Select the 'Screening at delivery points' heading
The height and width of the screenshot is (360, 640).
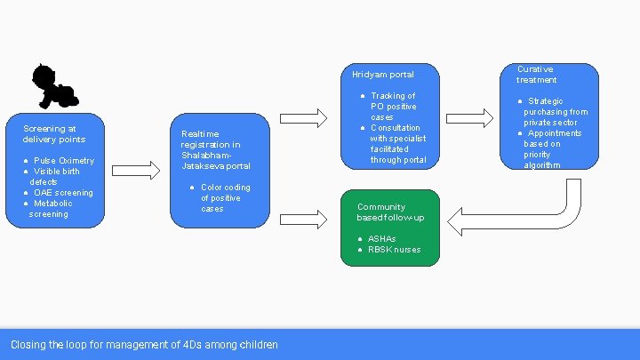54,134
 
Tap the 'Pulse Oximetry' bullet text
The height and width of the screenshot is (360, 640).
63,161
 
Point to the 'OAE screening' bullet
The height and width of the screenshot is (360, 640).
62,193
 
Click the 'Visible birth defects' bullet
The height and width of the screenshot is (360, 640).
55,176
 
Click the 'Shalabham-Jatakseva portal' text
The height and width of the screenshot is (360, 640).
216,160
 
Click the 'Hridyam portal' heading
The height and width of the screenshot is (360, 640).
382,75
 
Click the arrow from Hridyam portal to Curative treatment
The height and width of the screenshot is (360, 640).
469,117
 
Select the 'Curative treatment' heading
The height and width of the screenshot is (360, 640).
537,75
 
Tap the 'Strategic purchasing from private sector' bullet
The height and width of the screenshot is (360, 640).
555,112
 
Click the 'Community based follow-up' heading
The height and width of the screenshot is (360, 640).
390,212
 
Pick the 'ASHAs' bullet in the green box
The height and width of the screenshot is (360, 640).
381,239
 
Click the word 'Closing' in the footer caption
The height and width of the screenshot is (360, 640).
28,345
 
